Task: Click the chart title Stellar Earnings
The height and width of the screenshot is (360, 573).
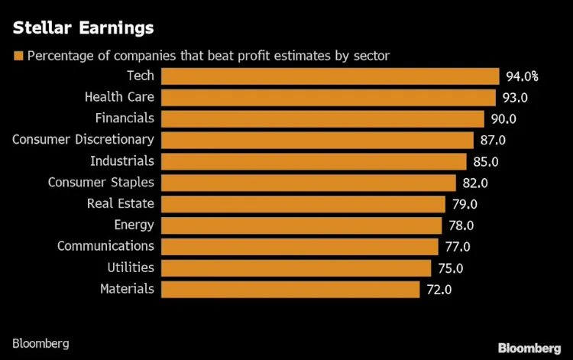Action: [x=83, y=29]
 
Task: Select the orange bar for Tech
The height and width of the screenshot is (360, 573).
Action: [x=330, y=76]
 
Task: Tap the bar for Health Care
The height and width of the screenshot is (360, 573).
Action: [x=329, y=97]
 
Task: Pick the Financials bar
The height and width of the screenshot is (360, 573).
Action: [x=323, y=118]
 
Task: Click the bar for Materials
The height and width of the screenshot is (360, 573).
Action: [x=290, y=289]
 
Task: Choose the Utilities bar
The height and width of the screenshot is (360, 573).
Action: [x=296, y=268]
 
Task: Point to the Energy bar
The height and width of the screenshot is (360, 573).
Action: [x=302, y=225]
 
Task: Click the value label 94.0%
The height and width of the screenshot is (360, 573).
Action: [x=522, y=76]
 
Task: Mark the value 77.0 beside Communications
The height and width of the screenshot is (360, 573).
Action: [x=457, y=247]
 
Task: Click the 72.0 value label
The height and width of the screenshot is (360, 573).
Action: [x=439, y=290]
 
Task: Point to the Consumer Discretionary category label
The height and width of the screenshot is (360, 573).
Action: [x=83, y=139]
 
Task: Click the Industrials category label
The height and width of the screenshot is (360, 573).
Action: [x=122, y=161]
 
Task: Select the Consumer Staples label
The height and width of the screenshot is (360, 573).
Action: [x=101, y=182]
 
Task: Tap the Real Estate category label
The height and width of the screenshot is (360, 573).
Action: [x=121, y=203]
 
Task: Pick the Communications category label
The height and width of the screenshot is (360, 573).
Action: [x=105, y=246]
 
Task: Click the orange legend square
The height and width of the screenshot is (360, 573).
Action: [x=18, y=56]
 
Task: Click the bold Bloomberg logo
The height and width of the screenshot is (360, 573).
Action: [x=529, y=348]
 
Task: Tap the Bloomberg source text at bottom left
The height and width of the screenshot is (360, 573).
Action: [x=40, y=343]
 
